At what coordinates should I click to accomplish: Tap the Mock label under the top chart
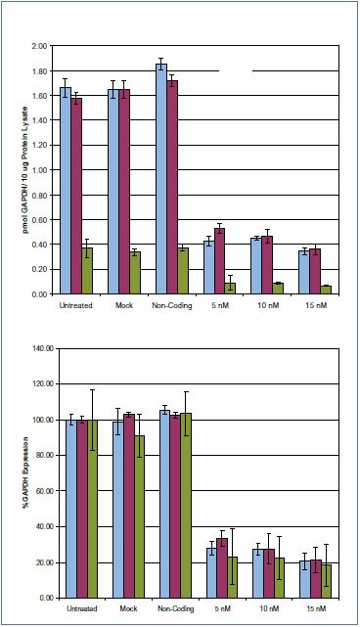[123, 306]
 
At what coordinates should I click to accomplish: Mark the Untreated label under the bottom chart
[76, 609]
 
